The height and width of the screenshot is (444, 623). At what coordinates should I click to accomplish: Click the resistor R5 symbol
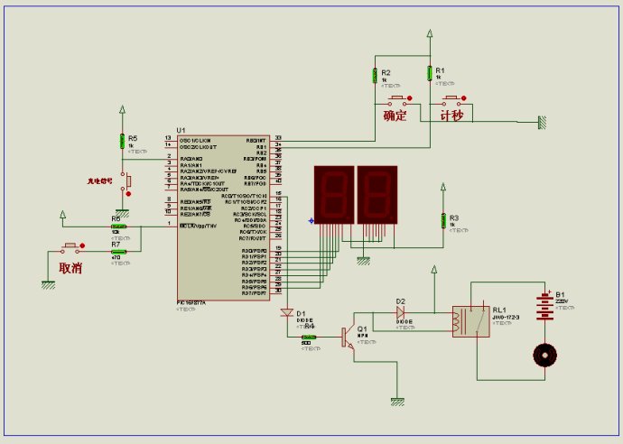122,141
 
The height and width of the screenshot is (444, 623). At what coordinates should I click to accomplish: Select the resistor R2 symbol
375,77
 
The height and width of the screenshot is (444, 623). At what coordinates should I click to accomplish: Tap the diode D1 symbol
287,313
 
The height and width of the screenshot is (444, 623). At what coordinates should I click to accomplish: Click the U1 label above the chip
181,130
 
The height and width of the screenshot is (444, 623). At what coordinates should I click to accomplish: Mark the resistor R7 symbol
118,252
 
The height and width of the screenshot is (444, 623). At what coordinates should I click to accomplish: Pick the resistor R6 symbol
118,226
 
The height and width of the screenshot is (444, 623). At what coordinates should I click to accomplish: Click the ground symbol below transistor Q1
395,400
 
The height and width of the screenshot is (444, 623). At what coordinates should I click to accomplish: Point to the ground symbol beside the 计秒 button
543,121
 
